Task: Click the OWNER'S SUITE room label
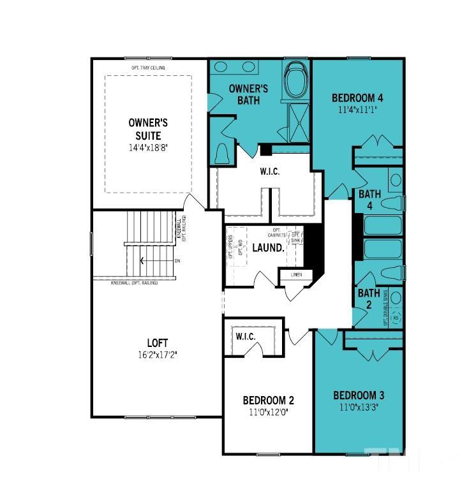coord(148,129)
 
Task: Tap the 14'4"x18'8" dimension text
coord(148,147)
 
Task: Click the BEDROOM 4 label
coord(357,98)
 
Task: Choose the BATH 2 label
coord(368,298)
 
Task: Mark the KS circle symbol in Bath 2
coord(395,317)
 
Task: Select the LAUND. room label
coord(267,247)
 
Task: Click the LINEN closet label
coord(295,275)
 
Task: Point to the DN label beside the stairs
coord(177,261)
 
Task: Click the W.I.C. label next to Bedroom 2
coord(246,336)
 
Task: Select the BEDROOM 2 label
coord(268,401)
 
